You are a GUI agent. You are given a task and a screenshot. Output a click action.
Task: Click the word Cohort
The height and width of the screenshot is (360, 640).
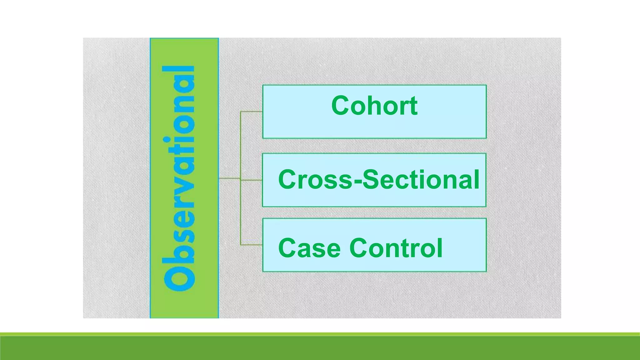(374, 106)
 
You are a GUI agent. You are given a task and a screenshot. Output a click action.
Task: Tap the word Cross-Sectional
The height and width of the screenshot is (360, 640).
(378, 179)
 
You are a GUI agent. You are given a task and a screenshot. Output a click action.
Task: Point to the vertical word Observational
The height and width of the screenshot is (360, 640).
(179, 178)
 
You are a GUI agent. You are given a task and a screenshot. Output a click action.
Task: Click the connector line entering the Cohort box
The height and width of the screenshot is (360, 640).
(252, 111)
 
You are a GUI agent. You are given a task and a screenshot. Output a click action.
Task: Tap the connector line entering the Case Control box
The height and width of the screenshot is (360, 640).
(252, 245)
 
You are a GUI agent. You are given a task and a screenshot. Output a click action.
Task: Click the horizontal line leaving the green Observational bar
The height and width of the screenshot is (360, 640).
(229, 178)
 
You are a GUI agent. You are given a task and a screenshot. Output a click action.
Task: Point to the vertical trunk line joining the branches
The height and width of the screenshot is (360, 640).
(241, 147)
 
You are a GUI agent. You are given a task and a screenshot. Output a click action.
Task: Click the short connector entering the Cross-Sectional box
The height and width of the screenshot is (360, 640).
(252, 180)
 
